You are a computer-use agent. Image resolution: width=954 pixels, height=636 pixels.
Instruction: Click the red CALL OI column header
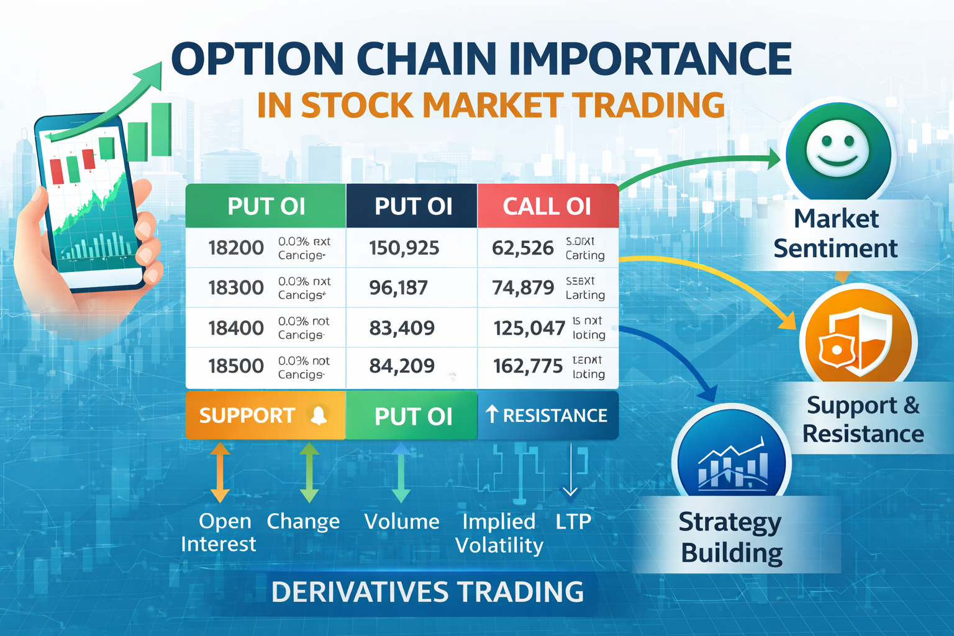coord(547,206)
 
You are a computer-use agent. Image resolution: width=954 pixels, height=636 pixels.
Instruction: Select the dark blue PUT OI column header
coord(413,206)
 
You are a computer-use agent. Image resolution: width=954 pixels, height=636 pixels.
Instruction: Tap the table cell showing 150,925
coord(404,248)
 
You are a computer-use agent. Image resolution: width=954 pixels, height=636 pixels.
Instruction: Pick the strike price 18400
coord(236,327)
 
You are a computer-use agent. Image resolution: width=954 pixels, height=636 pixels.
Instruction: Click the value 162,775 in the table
coord(528,366)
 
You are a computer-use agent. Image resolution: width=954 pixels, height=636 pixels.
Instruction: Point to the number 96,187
coord(398,288)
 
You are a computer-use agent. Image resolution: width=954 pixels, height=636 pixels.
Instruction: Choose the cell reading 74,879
coord(523,288)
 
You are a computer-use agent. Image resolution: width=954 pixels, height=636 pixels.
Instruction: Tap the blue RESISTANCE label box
coord(548,415)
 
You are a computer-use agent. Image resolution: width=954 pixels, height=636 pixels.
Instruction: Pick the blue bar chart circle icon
coord(732,463)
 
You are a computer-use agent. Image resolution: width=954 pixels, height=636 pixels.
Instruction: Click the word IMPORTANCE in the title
coord(650,59)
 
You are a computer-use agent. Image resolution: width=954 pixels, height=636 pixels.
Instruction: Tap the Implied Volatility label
coord(499,533)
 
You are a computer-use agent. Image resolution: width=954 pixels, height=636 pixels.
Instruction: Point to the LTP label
coord(573,521)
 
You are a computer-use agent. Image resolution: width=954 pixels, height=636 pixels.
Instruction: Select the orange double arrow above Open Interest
coord(220,472)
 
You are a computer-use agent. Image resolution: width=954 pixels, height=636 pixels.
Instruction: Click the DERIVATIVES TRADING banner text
coord(427,591)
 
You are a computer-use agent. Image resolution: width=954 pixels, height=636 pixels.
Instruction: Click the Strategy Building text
coord(731,537)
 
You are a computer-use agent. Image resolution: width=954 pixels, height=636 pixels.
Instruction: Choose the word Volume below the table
coord(401,521)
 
